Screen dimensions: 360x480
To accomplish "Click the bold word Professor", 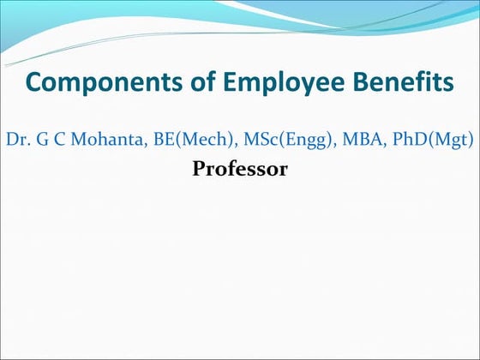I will click(x=240, y=170).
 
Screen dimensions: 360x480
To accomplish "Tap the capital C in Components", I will click(x=35, y=83).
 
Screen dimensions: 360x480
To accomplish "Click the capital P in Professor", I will click(x=199, y=170).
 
